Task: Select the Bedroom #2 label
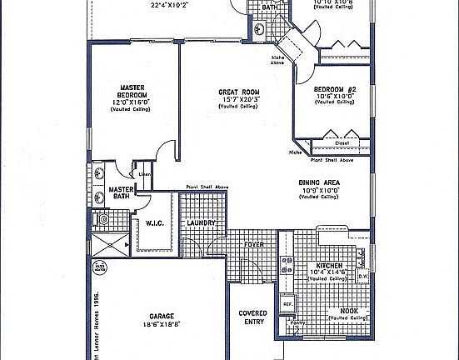click(335, 88)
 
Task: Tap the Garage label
click(161, 317)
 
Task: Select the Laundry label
click(202, 223)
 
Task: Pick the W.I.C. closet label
click(153, 223)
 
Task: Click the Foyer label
click(253, 244)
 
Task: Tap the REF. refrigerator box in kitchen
click(286, 305)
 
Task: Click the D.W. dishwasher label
click(362, 276)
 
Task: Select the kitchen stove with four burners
click(287, 265)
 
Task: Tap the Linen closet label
click(144, 174)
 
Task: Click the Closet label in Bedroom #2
click(342, 142)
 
